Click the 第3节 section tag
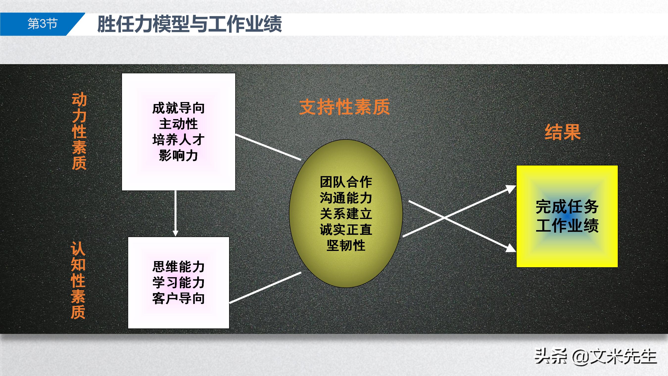coord(42,24)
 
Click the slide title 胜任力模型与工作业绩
coord(189,24)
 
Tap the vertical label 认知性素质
coord(78,280)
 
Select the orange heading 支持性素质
coord(344,107)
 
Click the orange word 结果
coord(562,132)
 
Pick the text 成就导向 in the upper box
coord(178,108)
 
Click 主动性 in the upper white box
coord(178,124)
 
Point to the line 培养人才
coord(178,140)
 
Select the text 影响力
coord(178,156)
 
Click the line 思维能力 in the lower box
coord(178,267)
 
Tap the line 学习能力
coord(178,283)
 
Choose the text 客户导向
coord(178,298)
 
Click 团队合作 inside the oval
coord(346,182)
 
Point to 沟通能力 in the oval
coord(346,198)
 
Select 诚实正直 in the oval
coord(346,230)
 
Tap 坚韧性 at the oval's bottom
coord(346,245)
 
